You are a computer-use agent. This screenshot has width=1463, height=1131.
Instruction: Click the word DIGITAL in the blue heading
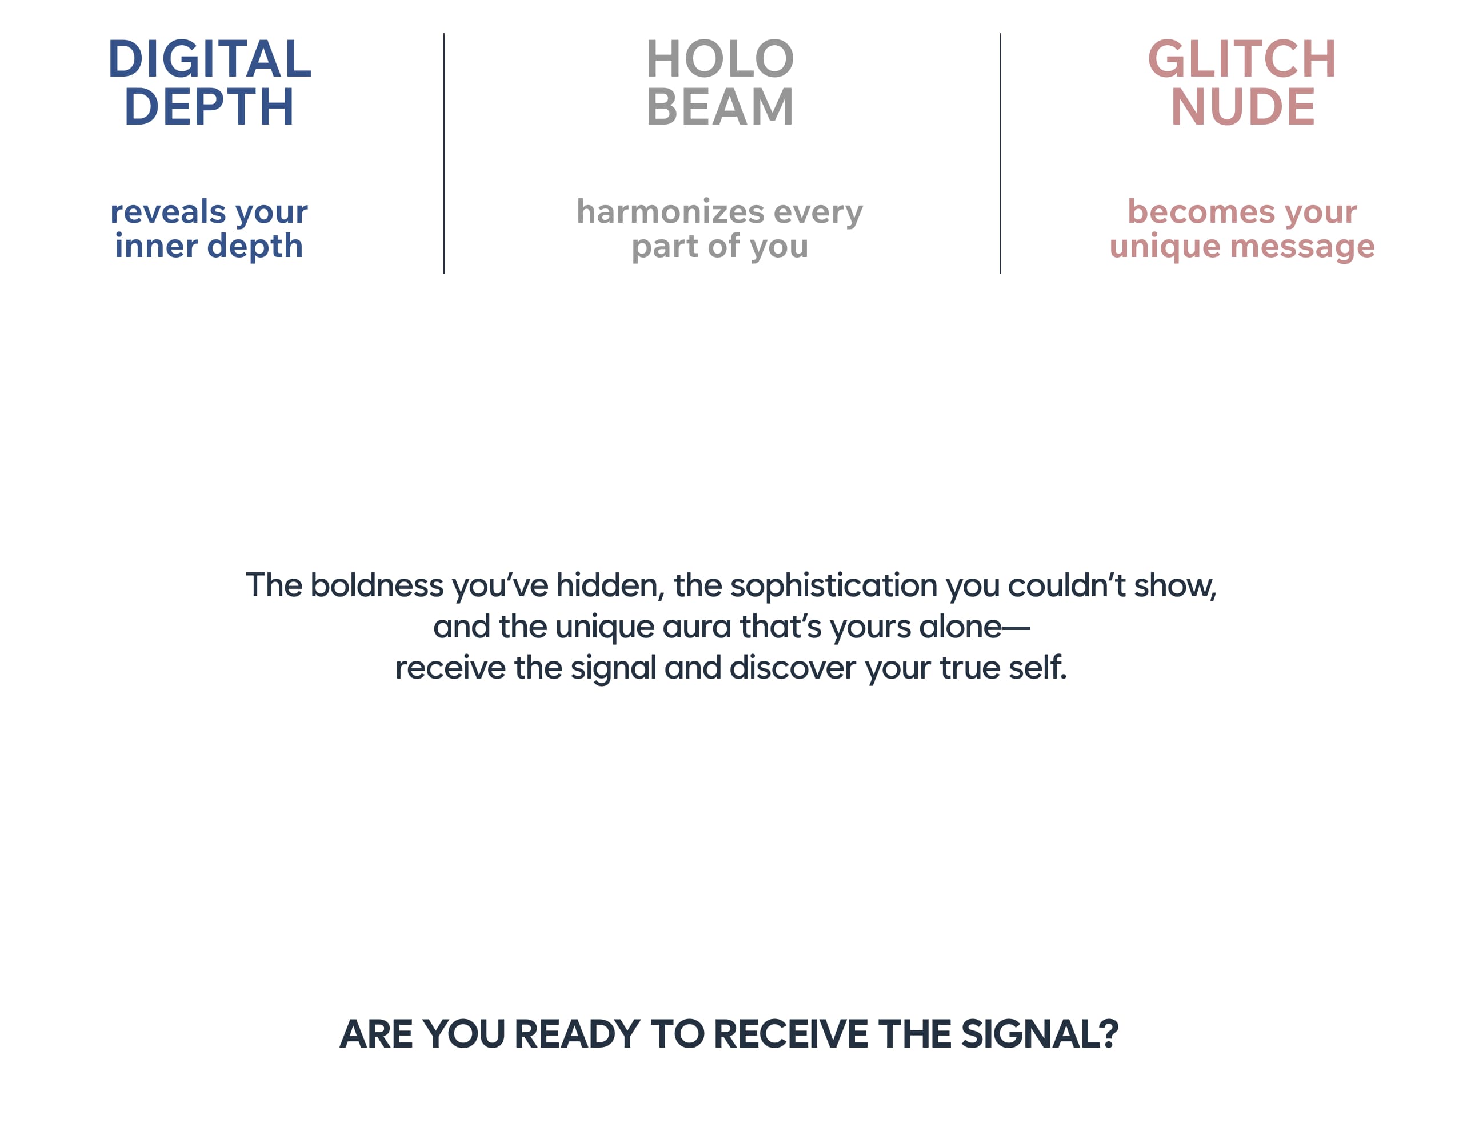[210, 59]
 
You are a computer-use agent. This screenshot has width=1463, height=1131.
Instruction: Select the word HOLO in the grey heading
[720, 59]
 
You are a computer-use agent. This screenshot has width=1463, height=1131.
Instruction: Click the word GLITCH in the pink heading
[1242, 59]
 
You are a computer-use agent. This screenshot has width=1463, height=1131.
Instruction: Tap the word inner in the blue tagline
[157, 246]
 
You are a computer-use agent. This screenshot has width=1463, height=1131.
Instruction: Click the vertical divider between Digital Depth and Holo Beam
[443, 153]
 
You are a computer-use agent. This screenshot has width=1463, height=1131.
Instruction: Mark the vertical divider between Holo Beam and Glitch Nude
[1000, 153]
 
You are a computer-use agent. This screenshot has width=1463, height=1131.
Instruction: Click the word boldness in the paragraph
[377, 585]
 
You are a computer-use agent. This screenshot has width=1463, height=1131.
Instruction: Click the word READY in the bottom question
[577, 1034]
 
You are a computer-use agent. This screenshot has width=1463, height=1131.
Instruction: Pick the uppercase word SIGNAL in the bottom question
[1040, 1034]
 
